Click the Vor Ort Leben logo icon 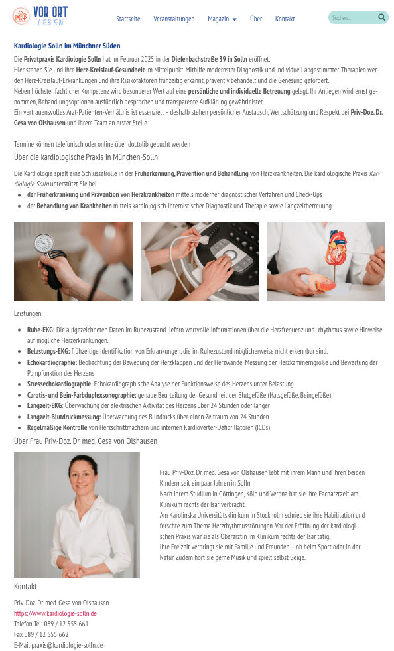21,16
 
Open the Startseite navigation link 128,19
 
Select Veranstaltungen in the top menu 174,19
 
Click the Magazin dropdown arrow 235,19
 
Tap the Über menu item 256,19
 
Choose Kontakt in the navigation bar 285,19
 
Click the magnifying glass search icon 381,17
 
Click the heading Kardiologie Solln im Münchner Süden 67,46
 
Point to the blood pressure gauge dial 44,243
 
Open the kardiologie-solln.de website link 55,613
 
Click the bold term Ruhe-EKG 40,330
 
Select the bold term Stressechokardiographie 59,384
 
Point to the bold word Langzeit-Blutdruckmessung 64,417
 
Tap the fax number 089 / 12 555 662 46,634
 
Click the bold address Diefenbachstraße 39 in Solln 209,59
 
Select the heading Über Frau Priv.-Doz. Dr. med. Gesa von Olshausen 86,441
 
